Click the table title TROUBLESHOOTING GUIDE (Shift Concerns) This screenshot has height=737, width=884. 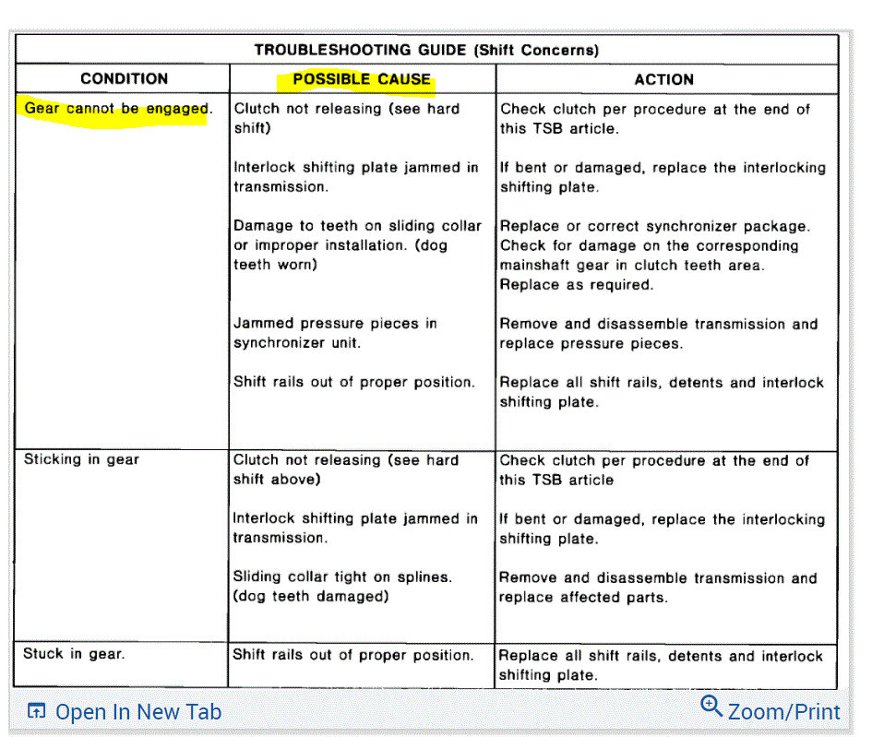click(x=426, y=50)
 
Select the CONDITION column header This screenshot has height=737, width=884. click(x=124, y=79)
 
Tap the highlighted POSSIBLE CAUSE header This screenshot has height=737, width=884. click(x=362, y=79)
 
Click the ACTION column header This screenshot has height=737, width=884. click(x=663, y=79)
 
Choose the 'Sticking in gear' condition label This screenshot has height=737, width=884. click(x=81, y=459)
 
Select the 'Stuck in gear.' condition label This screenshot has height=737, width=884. click(x=74, y=654)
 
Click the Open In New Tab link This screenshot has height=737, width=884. click(x=138, y=712)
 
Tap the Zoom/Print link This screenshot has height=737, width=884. click(x=783, y=712)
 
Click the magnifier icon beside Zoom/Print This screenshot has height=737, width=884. click(x=711, y=707)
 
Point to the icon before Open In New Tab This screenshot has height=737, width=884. click(x=37, y=711)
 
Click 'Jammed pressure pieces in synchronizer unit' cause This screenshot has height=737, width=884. click(x=335, y=333)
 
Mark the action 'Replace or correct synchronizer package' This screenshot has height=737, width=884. click(x=654, y=226)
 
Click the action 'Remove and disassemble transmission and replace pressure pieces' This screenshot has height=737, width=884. click(x=658, y=334)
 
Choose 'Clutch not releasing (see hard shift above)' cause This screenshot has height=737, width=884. click(x=345, y=470)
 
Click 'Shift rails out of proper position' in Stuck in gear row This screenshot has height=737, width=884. click(x=353, y=655)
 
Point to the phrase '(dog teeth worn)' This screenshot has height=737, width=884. click(x=275, y=265)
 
